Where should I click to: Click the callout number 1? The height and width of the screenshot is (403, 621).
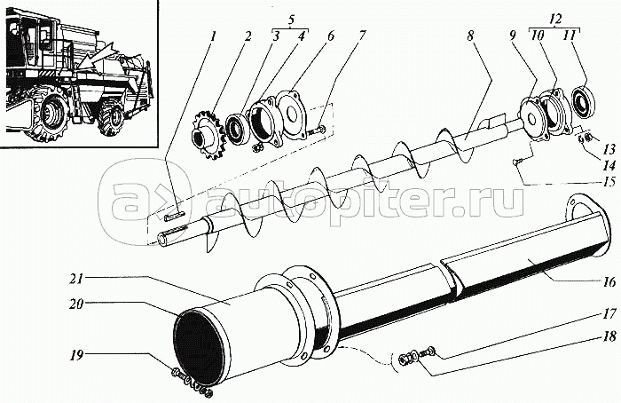(214, 37)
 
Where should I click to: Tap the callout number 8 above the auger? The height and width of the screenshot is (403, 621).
(470, 36)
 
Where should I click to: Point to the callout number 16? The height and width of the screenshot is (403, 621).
(610, 282)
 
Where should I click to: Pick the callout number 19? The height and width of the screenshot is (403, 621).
(77, 355)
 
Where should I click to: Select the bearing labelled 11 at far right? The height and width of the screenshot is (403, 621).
(585, 102)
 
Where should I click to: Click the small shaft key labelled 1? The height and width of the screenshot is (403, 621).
(174, 216)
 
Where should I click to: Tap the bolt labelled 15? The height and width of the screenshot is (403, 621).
(518, 162)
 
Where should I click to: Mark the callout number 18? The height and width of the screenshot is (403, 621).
(610, 336)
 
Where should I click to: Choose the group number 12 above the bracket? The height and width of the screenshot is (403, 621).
(556, 20)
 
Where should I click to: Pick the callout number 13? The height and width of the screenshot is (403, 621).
(609, 149)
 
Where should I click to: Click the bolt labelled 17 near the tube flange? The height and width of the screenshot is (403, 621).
(428, 352)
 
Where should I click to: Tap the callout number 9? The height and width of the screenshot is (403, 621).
(513, 36)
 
